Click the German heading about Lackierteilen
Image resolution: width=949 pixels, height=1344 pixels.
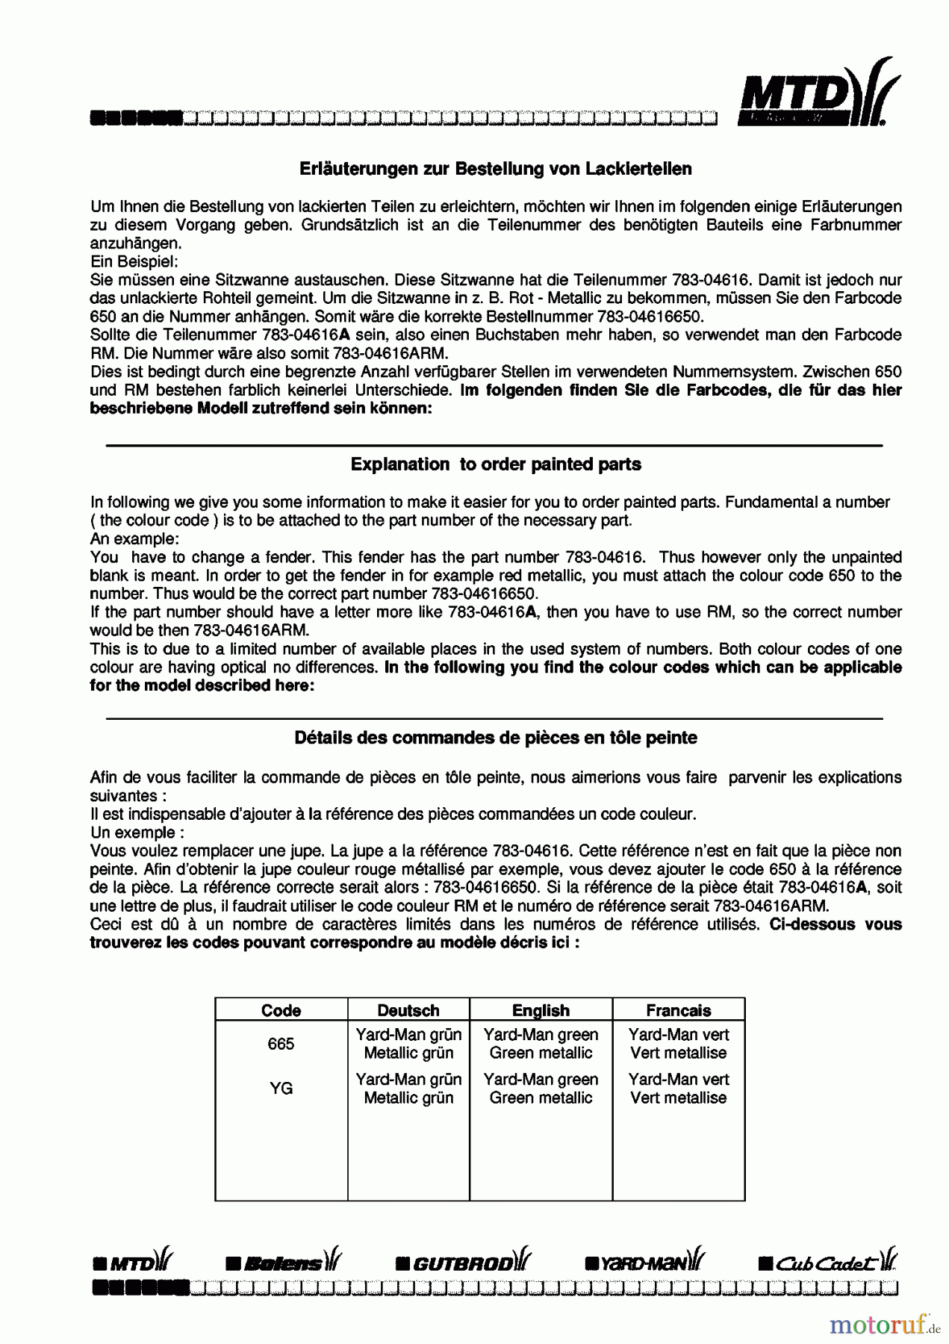pyautogui.click(x=495, y=169)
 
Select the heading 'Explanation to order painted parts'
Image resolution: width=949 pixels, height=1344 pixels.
pyautogui.click(x=496, y=464)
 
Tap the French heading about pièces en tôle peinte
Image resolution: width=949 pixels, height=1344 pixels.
pyautogui.click(x=496, y=738)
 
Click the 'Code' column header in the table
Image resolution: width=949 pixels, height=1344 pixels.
pyautogui.click(x=281, y=1010)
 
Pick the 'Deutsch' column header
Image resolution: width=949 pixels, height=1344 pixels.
pyautogui.click(x=408, y=1010)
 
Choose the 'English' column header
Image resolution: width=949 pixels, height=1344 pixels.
pyautogui.click(x=541, y=1010)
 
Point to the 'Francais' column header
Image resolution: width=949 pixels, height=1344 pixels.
pyautogui.click(x=678, y=1010)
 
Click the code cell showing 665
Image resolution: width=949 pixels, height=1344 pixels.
pyautogui.click(x=281, y=1044)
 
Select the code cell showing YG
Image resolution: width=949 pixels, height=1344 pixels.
pyautogui.click(x=281, y=1089)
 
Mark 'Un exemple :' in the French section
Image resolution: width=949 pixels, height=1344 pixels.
pyautogui.click(x=137, y=833)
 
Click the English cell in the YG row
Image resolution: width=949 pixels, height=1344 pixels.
pyautogui.click(x=541, y=1089)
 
